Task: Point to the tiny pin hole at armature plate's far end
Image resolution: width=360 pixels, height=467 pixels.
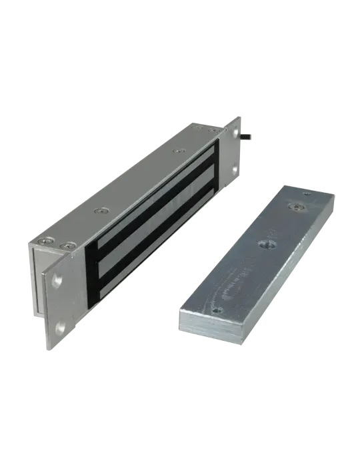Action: pyautogui.click(x=306, y=193)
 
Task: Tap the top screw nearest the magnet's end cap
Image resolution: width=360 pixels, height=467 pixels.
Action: pyautogui.click(x=45, y=240)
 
